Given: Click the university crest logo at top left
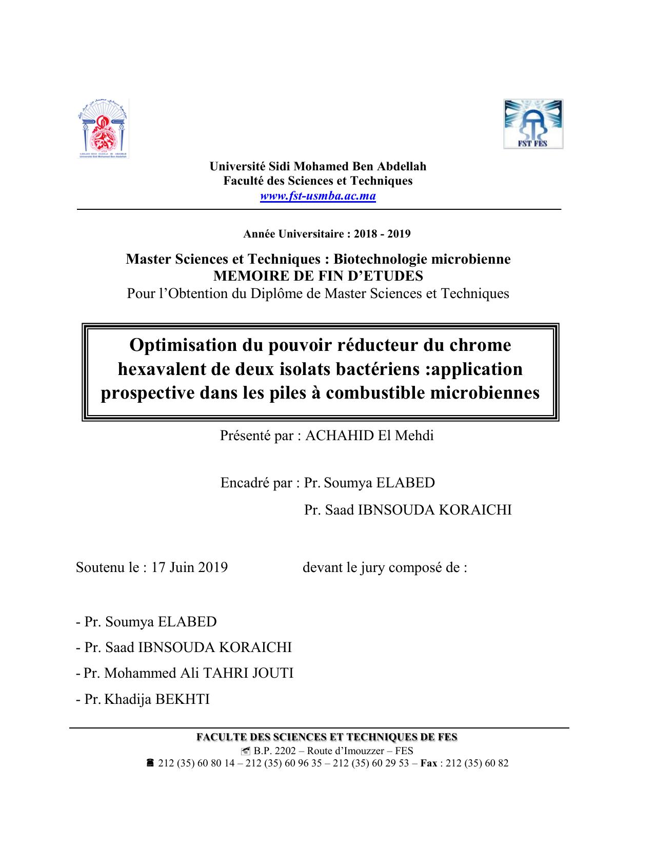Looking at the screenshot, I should click(103, 129).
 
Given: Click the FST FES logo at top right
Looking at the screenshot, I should click(533, 124).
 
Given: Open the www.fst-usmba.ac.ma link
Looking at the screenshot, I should click(318, 196).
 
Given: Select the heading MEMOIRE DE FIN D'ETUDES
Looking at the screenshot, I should click(318, 276).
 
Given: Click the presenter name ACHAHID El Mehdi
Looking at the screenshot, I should click(369, 436).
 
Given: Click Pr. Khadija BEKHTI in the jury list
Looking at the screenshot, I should click(147, 699).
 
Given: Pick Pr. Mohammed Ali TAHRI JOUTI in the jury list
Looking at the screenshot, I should click(189, 673).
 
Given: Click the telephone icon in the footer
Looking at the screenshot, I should click(150, 763).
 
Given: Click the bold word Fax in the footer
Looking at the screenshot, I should click(429, 763).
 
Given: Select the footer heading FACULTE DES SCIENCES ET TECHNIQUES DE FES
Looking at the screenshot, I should click(327, 737).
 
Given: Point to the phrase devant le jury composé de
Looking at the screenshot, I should click(385, 567).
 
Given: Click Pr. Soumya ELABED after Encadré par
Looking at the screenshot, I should click(369, 483).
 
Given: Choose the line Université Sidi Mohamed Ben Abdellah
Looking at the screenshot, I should click(318, 166).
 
